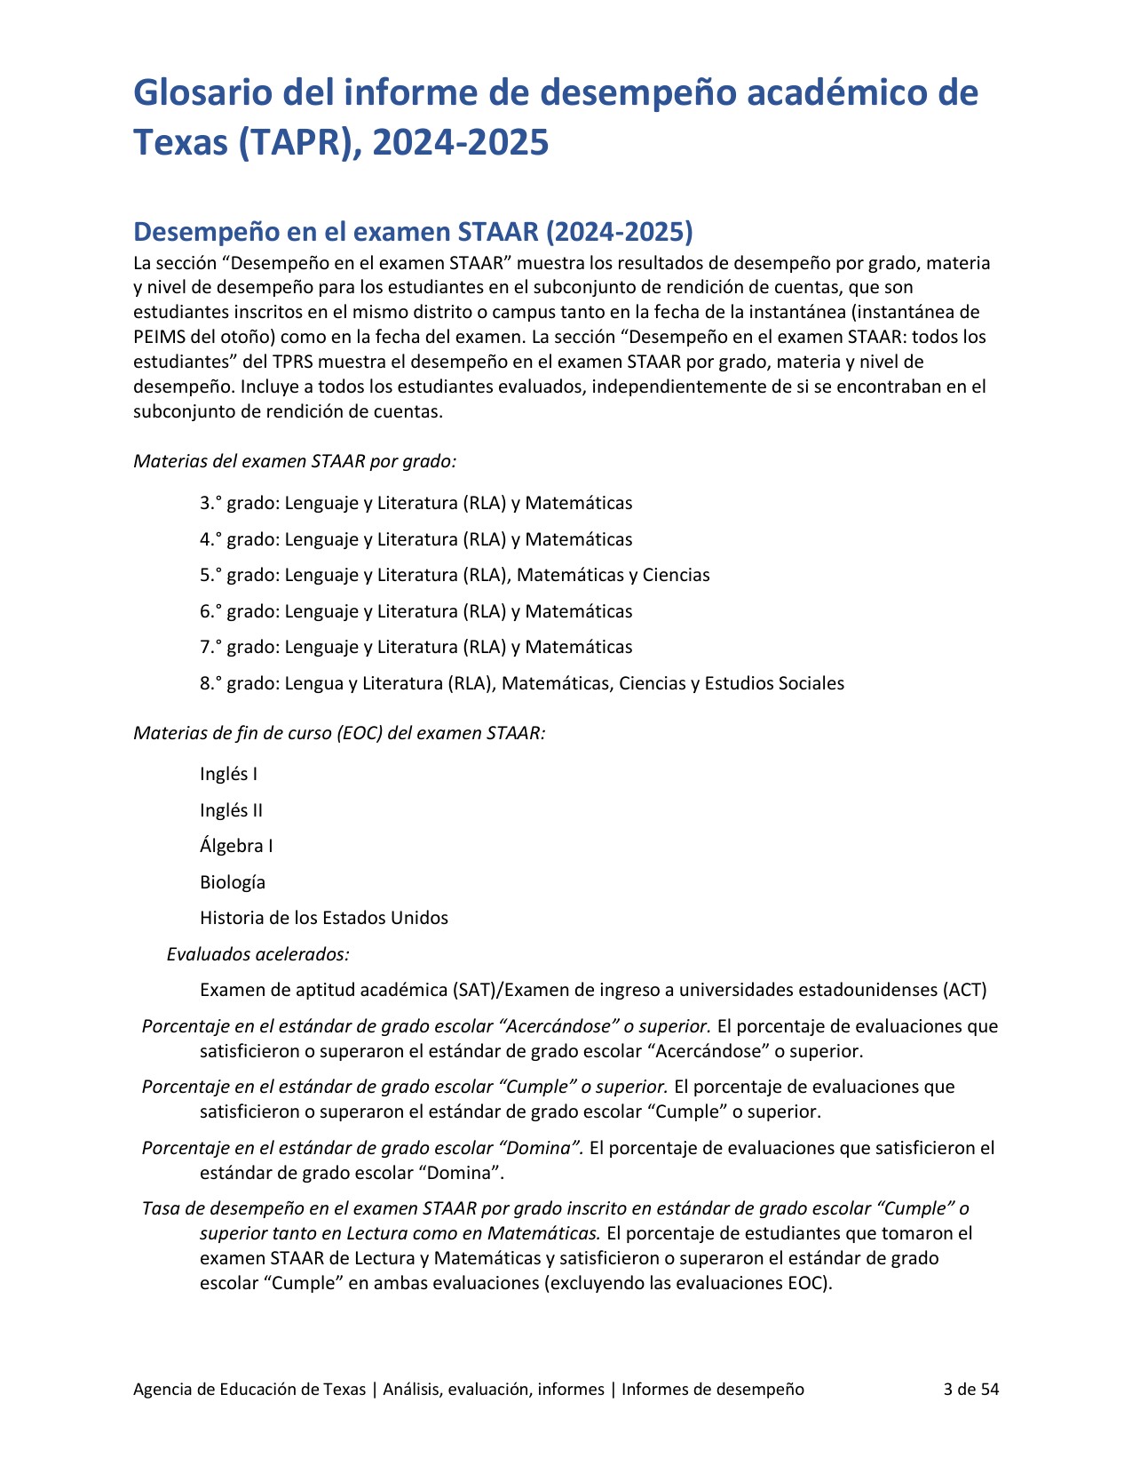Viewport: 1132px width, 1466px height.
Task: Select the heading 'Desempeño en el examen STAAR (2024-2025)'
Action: tap(413, 232)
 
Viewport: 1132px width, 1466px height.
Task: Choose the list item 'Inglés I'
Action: tap(229, 774)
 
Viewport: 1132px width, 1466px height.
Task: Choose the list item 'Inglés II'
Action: tap(232, 810)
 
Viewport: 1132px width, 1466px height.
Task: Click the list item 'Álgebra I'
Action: tap(237, 846)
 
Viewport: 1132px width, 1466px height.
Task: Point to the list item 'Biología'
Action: tap(233, 882)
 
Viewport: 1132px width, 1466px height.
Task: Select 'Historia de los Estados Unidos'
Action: tap(324, 918)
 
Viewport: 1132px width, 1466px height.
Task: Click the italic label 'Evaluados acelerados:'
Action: tap(258, 954)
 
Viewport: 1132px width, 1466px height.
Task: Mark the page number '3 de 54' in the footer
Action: tap(971, 1389)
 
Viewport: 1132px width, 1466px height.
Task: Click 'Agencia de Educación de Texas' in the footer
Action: tap(249, 1389)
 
